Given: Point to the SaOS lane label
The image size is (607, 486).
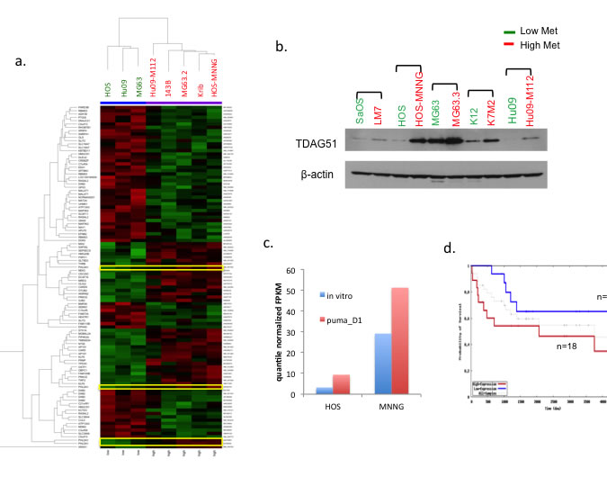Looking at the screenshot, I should pos(359,112).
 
